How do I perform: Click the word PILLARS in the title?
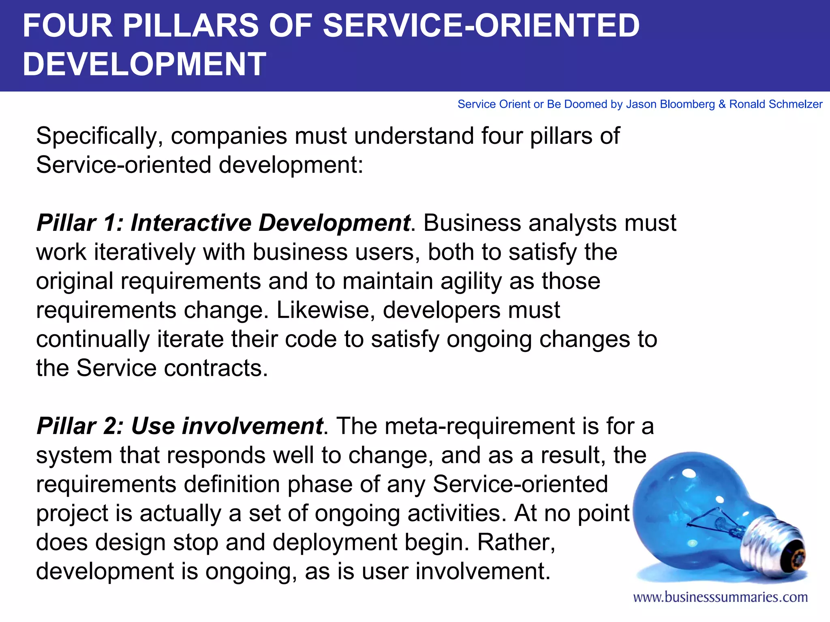[190, 26]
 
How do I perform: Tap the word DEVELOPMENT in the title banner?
[144, 64]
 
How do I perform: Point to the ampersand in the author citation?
[722, 104]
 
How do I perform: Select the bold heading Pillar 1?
[79, 223]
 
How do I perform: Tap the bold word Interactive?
[190, 223]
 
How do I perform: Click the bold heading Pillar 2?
[79, 426]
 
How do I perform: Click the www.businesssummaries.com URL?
[720, 597]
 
